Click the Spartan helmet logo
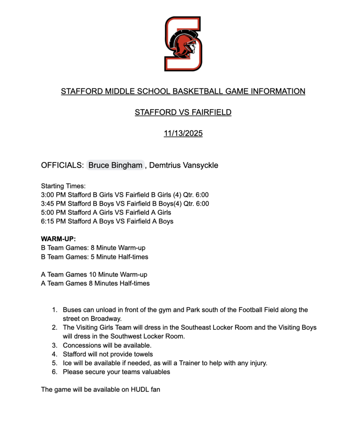pos(183,44)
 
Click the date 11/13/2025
pos(183,134)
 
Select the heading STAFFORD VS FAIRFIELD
pos(183,113)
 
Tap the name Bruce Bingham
pos(115,165)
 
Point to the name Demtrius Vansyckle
pos(184,165)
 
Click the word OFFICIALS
pos(62,165)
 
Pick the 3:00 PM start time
pos(53,195)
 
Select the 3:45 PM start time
pos(53,204)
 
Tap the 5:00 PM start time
pos(53,213)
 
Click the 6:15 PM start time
pos(53,221)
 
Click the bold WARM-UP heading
pos(58,239)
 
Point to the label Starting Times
pos(63,186)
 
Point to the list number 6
pos(54,372)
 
